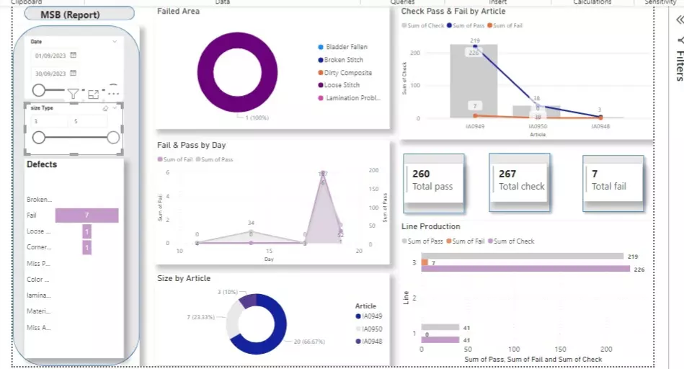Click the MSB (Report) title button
[x=79, y=14]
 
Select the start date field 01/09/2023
[x=50, y=55]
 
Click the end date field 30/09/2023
[x=50, y=74]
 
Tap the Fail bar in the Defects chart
[x=86, y=215]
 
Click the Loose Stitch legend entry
[x=342, y=85]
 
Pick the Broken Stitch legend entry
[x=344, y=60]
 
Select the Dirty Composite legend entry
[x=348, y=73]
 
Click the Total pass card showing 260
[x=432, y=180]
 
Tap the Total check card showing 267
[x=521, y=180]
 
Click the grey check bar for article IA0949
[x=474, y=86]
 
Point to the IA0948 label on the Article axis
[x=600, y=125]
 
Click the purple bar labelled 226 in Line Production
[x=523, y=270]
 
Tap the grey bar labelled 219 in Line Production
[x=523, y=256]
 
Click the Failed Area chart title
[x=178, y=12]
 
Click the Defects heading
[x=42, y=164]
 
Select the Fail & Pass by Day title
[x=192, y=145]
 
